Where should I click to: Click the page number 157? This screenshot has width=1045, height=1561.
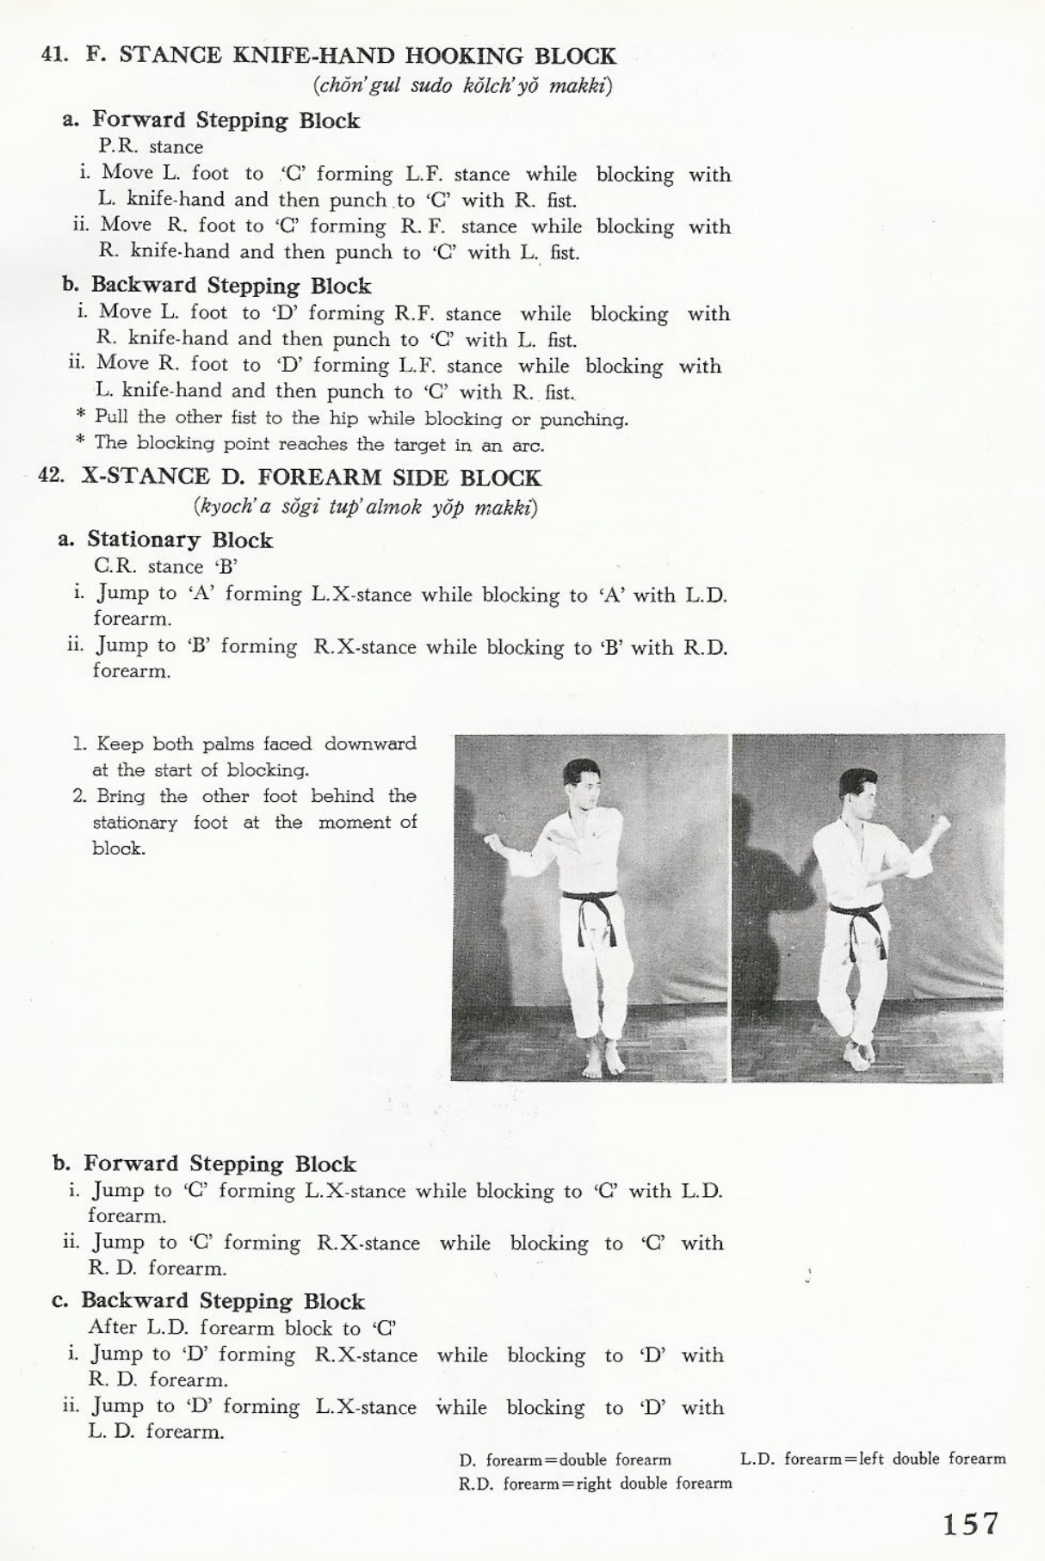pos(969,1523)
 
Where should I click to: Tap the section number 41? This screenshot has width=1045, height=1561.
pos(54,56)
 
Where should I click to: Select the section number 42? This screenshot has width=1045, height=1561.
pos(52,477)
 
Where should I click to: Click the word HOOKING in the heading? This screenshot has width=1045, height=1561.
pos(464,57)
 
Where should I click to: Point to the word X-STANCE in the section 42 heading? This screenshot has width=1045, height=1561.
pos(145,477)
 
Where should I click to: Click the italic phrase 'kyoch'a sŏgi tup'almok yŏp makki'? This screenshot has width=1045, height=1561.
pos(366,506)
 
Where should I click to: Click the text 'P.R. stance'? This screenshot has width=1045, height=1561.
pos(151,146)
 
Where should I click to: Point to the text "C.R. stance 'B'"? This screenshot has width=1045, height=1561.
pos(165,566)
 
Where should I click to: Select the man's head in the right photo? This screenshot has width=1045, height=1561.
pos(859,795)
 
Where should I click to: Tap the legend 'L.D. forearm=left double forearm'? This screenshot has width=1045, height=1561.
pos(872,1459)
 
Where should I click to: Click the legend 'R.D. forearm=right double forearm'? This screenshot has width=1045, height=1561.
pos(595,1483)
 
